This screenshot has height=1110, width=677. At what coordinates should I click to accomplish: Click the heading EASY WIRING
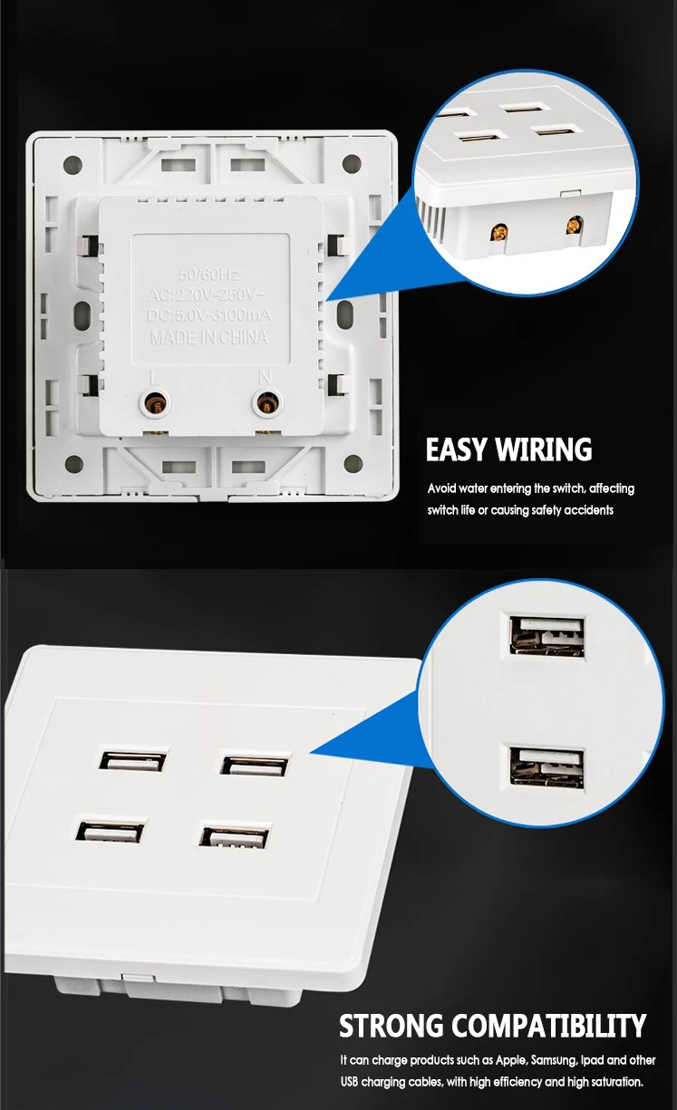tap(508, 449)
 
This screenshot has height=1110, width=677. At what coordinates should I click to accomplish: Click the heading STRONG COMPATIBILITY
tap(492, 1026)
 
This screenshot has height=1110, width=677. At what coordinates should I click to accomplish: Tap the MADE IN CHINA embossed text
tap(208, 338)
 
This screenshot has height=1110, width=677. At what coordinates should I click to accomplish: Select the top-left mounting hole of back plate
tap(73, 166)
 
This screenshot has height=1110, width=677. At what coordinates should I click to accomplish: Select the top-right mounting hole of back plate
tap(352, 166)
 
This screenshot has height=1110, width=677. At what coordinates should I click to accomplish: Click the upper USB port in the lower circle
tap(546, 635)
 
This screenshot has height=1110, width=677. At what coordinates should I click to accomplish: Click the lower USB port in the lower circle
tap(546, 766)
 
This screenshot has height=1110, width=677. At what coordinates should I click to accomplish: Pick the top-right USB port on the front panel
tap(255, 763)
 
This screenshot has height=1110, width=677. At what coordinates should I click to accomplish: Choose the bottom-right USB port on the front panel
tap(235, 835)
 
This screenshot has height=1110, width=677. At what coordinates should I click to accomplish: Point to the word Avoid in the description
tap(442, 488)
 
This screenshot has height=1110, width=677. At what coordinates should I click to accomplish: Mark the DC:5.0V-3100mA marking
tap(208, 315)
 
